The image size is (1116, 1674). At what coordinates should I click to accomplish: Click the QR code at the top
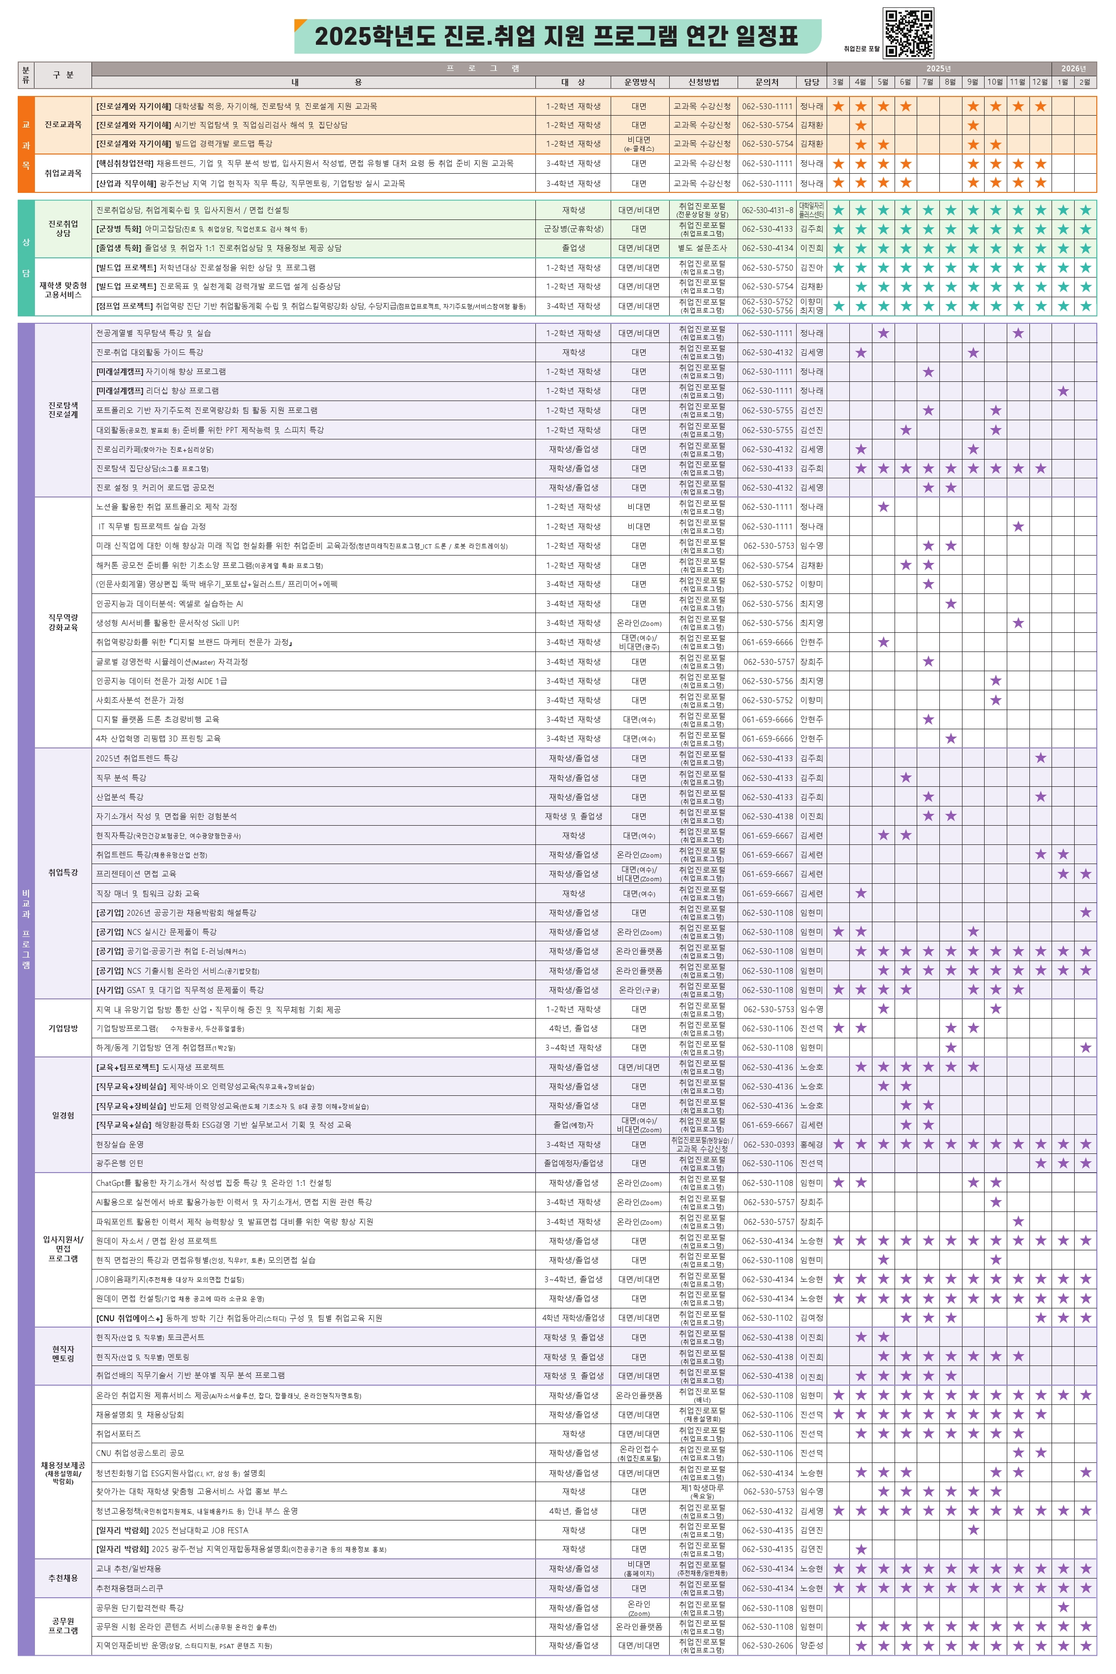[908, 33]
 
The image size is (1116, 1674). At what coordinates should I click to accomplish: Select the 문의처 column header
[767, 82]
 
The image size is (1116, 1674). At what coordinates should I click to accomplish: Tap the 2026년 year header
[1073, 68]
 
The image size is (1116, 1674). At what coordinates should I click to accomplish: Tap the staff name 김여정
[811, 1318]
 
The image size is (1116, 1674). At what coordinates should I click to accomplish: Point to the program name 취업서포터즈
[118, 1433]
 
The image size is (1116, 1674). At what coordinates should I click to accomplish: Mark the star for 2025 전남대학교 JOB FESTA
[973, 1530]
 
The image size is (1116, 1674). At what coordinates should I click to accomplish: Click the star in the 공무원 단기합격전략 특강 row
[1063, 1607]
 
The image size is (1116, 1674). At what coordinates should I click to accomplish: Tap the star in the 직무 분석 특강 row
[905, 778]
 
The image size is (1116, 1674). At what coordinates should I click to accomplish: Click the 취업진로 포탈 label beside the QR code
[861, 49]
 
